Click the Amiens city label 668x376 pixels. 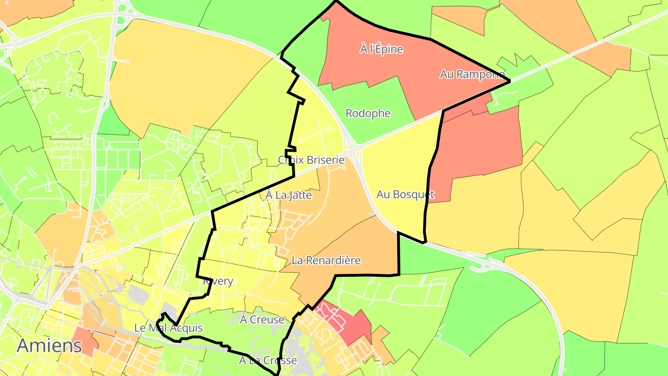point(50,345)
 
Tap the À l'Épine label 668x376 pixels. point(381,49)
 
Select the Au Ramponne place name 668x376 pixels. point(472,74)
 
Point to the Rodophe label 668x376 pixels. point(368,113)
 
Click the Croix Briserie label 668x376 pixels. point(311,160)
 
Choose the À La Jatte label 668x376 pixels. point(289,195)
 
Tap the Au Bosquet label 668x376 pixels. point(405,194)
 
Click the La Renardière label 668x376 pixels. point(326,260)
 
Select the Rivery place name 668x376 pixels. point(218,281)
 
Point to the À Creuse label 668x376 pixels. point(262,319)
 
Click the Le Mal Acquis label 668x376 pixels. point(168,328)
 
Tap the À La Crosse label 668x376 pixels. point(268,360)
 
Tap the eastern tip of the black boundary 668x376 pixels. point(509,81)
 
